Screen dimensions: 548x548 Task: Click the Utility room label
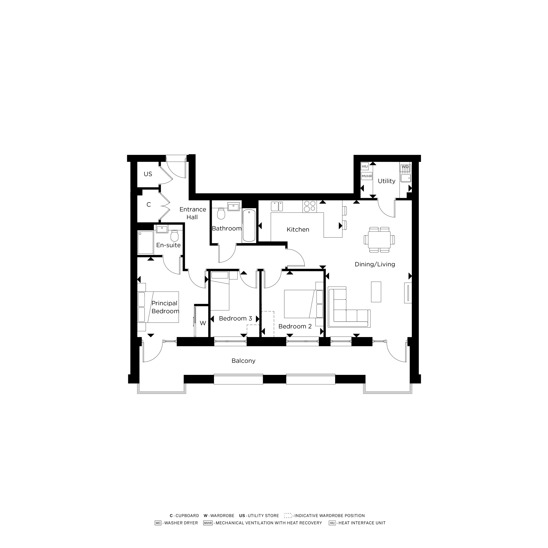(x=386, y=181)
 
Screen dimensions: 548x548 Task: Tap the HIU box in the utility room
(x=364, y=167)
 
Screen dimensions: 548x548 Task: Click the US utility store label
(x=148, y=174)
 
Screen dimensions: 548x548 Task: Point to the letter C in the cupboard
(x=149, y=204)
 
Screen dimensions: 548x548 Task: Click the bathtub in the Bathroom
(x=249, y=225)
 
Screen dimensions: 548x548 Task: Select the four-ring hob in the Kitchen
(x=309, y=206)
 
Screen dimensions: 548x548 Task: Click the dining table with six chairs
(x=379, y=240)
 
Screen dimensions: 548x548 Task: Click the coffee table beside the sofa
(x=376, y=292)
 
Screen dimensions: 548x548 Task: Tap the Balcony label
(x=243, y=361)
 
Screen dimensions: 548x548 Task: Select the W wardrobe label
(x=203, y=323)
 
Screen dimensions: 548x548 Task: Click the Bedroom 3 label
(x=235, y=319)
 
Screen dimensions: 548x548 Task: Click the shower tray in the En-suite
(x=145, y=242)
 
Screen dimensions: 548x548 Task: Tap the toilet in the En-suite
(x=175, y=236)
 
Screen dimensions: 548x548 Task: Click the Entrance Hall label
(x=193, y=213)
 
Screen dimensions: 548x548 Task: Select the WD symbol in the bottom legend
(x=158, y=523)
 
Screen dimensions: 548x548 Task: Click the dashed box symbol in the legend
(x=288, y=515)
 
